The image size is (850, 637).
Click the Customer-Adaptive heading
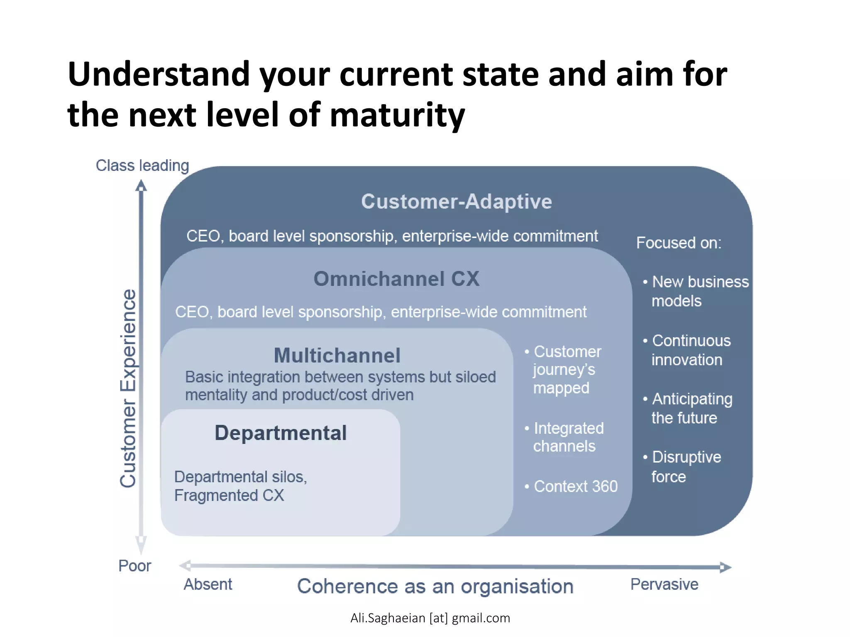point(456,202)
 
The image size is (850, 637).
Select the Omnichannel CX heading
point(396,279)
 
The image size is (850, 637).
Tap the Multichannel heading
point(337,355)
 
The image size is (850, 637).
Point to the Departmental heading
point(281,433)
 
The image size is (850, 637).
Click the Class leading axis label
point(142,165)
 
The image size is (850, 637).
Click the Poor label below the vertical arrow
point(134,566)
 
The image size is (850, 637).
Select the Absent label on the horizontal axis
point(208,584)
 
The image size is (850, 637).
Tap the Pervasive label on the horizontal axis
point(664,584)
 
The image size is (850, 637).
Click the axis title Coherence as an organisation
point(435,586)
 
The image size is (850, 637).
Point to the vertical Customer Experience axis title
point(128,388)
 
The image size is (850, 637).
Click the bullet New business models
point(696,291)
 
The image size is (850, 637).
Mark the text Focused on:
point(679,243)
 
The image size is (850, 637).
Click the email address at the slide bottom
point(430,618)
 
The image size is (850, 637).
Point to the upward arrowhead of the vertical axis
point(141,185)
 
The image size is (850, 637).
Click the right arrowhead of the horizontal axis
point(725,567)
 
